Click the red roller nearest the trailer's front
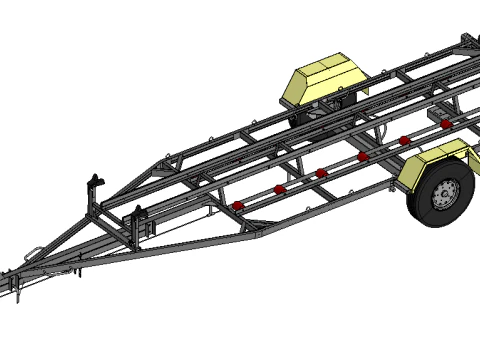click(x=237, y=205)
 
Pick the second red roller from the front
click(x=280, y=188)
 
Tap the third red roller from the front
click(x=321, y=172)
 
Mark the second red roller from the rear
click(x=404, y=140)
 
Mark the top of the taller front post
click(x=96, y=177)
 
